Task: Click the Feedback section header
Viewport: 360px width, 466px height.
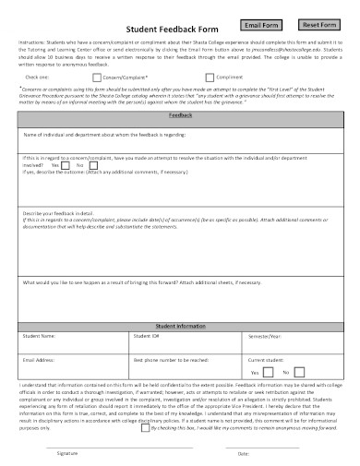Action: pos(180,117)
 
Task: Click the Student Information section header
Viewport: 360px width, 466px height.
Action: pos(180,326)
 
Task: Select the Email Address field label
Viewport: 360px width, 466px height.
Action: pos(41,358)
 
